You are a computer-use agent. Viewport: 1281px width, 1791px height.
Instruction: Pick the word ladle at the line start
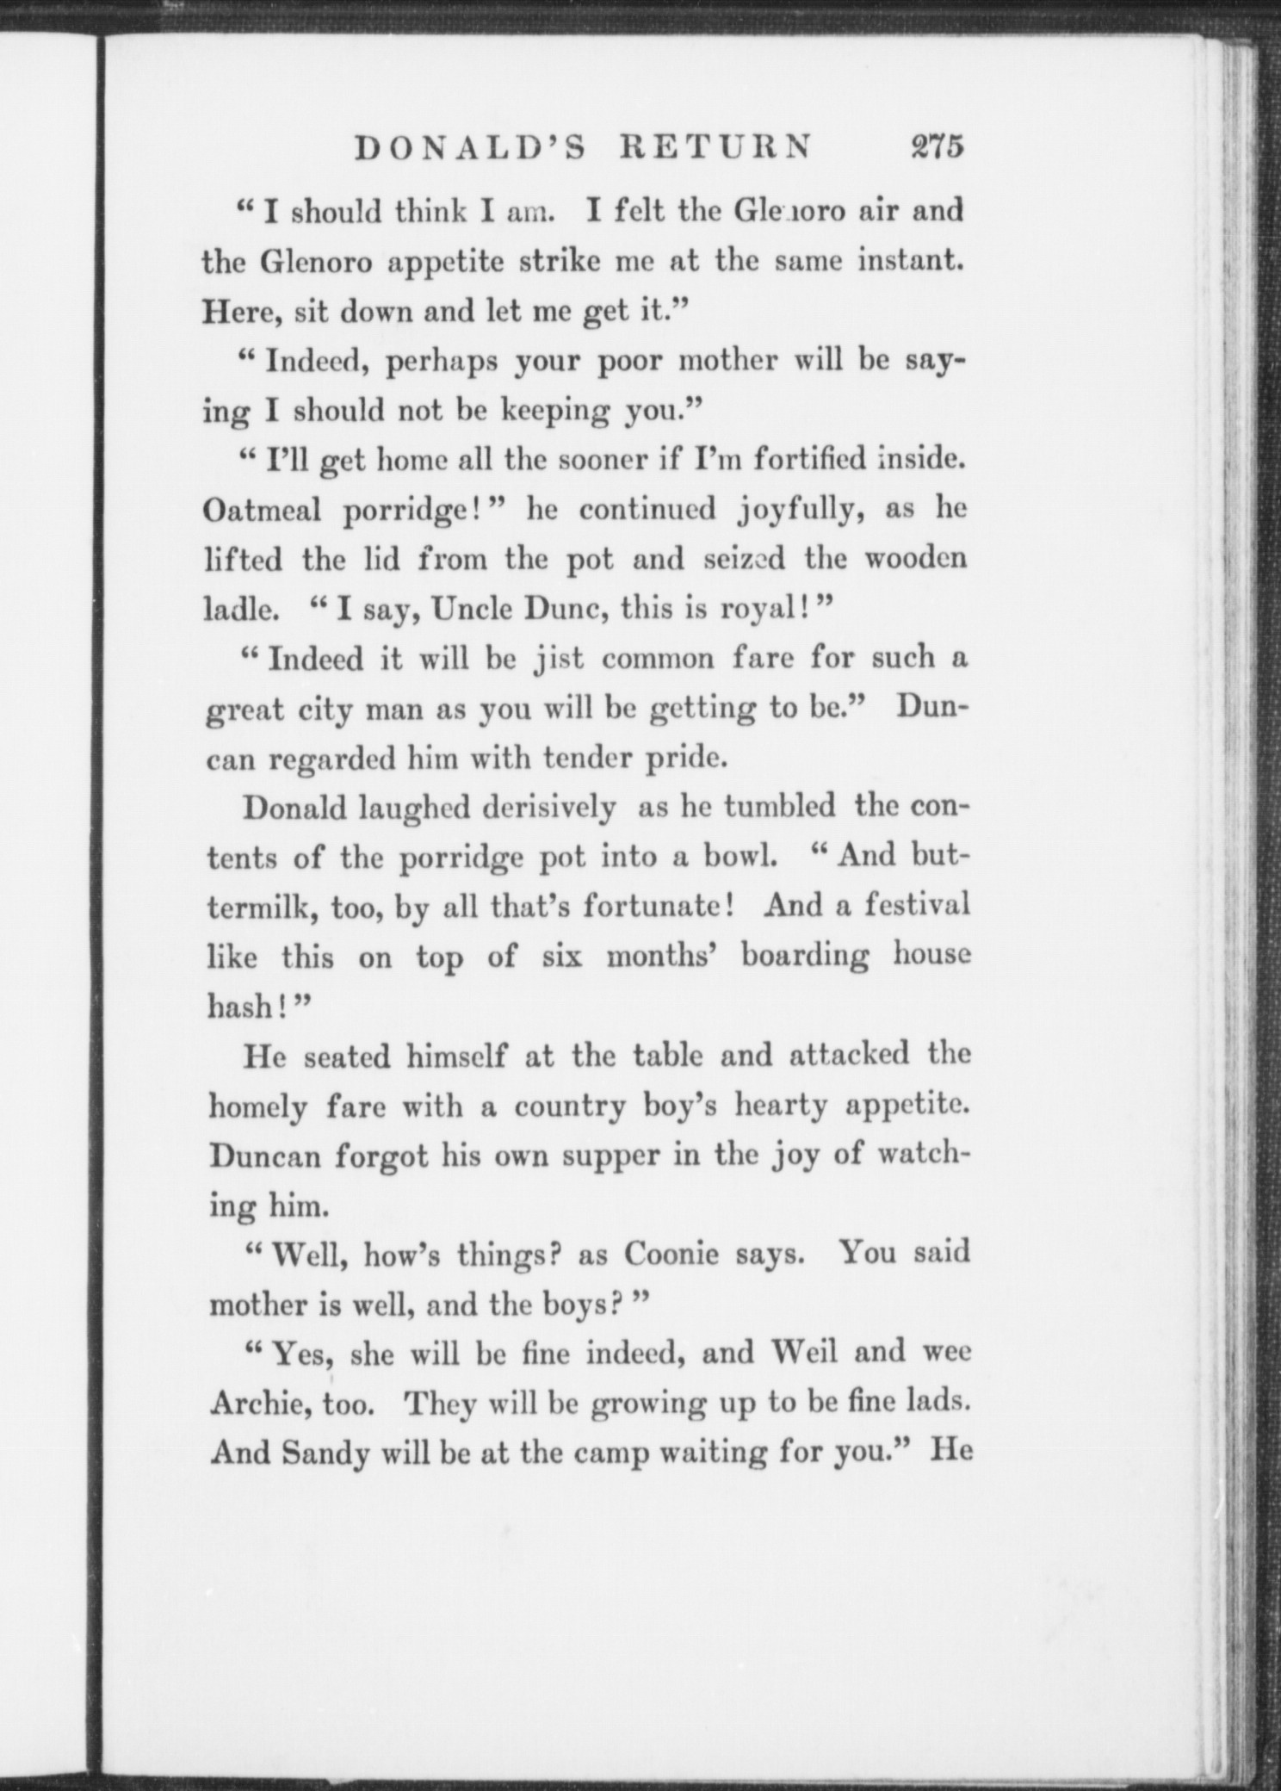click(240, 610)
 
